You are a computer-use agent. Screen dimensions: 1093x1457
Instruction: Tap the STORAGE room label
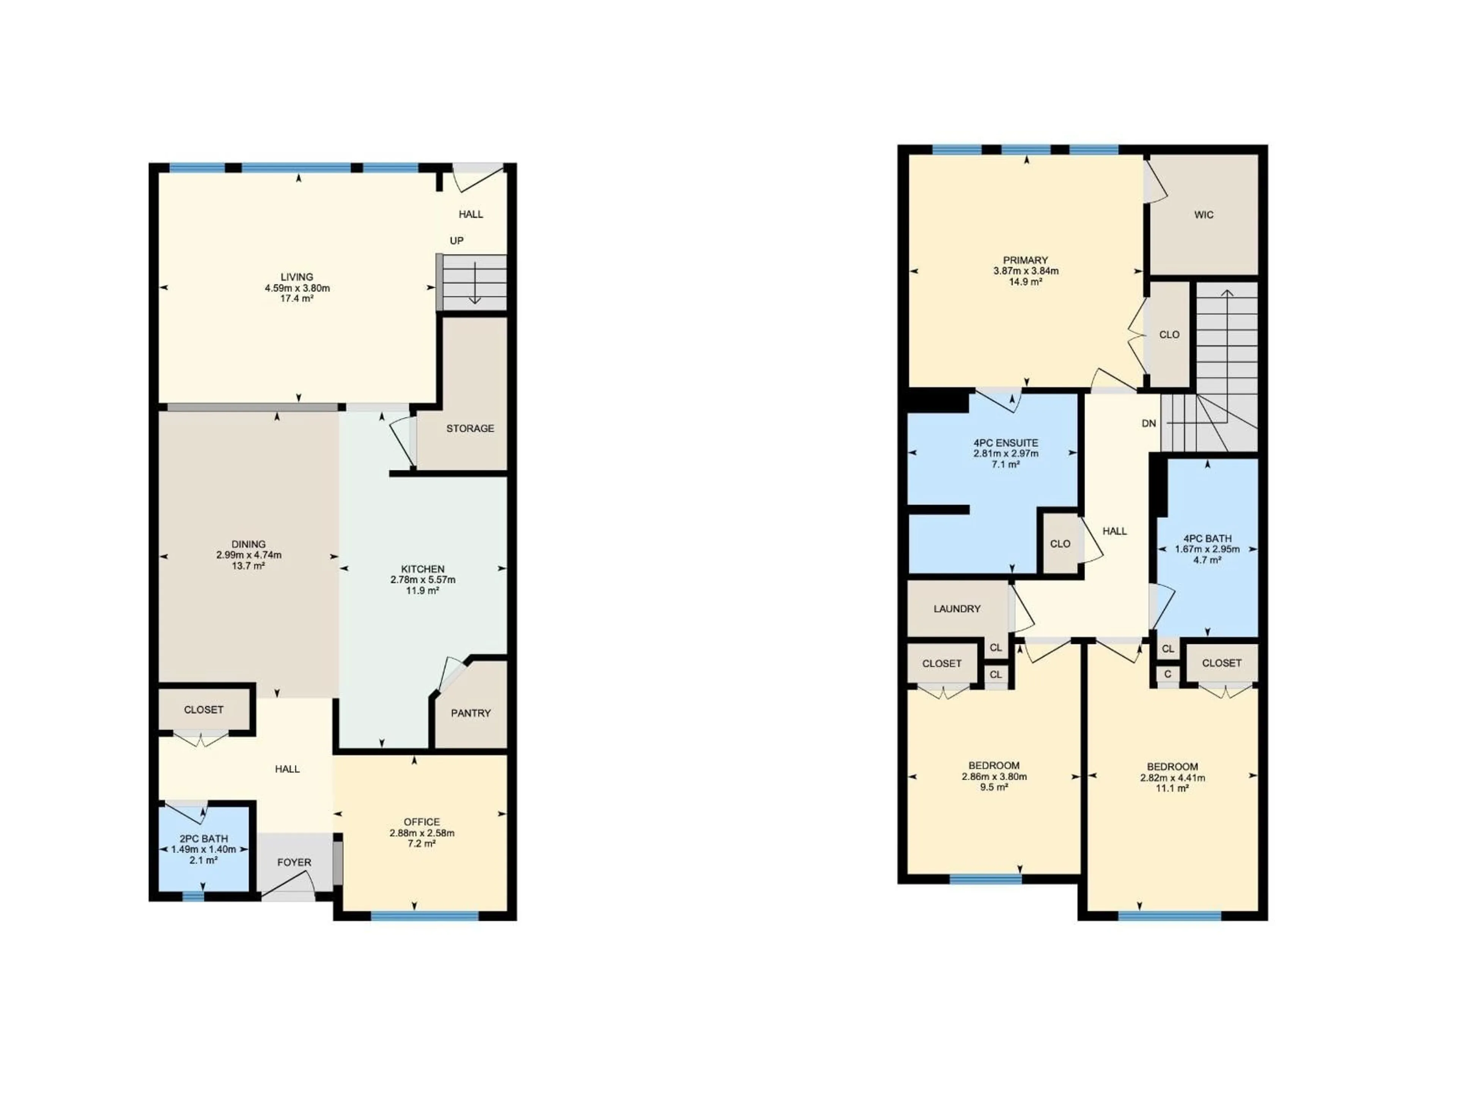point(470,428)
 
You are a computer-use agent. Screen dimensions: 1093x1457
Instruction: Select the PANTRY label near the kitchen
point(470,713)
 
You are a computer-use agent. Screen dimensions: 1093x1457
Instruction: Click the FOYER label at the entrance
point(294,862)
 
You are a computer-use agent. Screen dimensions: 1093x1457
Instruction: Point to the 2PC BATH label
point(203,839)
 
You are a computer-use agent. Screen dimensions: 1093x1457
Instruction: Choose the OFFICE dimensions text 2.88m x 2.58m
point(422,833)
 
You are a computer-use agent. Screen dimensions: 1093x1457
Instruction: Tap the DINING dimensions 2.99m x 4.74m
point(248,555)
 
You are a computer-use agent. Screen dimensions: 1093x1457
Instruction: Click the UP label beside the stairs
point(456,241)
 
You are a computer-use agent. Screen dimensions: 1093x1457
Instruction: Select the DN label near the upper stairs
point(1149,424)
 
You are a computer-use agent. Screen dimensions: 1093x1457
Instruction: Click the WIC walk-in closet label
point(1204,215)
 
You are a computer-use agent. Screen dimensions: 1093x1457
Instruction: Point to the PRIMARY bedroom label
point(1026,260)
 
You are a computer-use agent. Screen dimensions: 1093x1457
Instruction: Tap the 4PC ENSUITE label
point(1006,443)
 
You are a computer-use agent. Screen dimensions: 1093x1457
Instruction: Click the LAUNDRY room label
point(957,609)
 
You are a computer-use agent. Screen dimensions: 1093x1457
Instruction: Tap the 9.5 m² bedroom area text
point(994,787)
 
